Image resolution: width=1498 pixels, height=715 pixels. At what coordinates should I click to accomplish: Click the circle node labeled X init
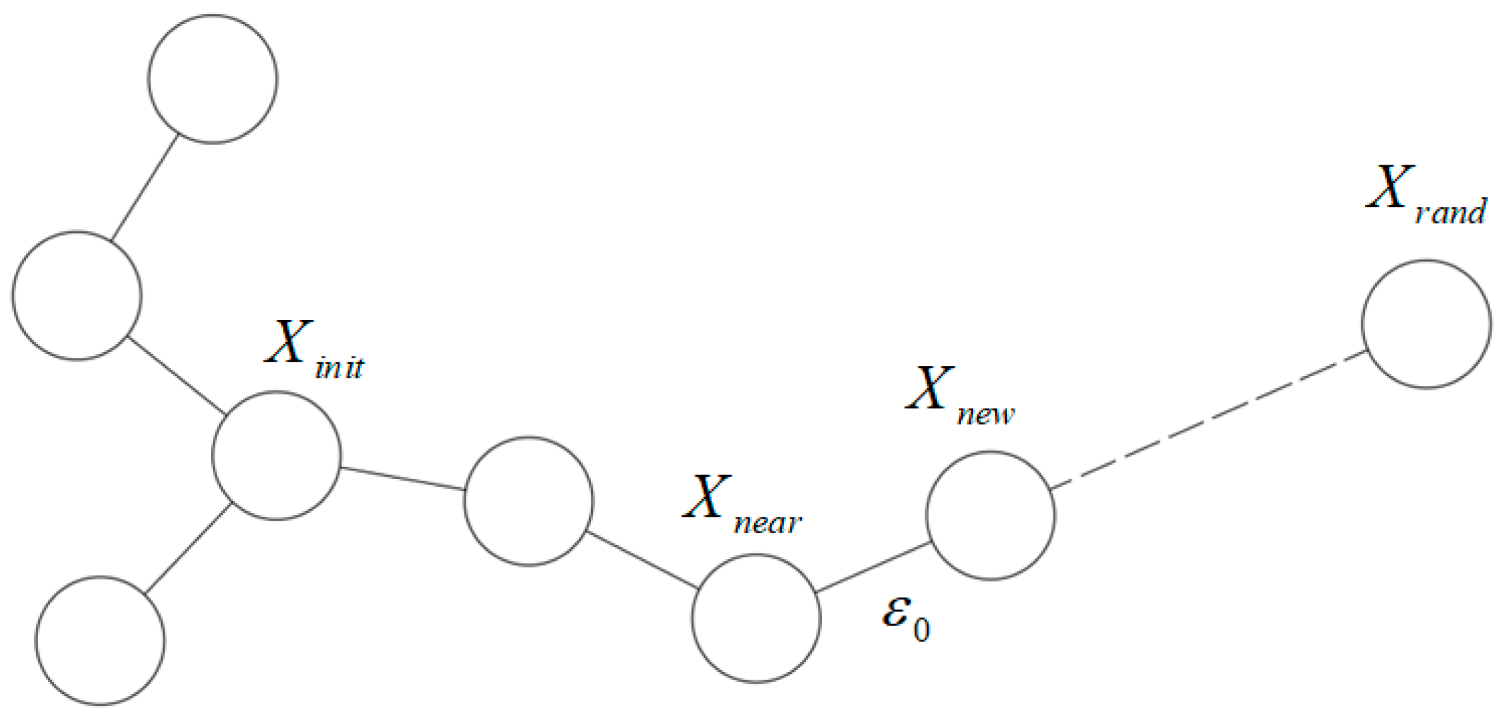click(x=276, y=456)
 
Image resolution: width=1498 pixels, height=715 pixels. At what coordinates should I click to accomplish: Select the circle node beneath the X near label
click(x=756, y=618)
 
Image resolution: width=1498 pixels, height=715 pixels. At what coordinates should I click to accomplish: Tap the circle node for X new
click(x=990, y=516)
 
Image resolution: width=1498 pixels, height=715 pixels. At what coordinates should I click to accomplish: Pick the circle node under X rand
click(x=1426, y=324)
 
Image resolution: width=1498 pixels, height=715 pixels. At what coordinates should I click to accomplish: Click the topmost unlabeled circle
click(x=213, y=79)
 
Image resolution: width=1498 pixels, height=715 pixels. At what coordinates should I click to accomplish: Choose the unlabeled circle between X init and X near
click(x=529, y=501)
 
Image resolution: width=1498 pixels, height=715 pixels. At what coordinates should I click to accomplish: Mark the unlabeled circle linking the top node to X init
click(x=77, y=296)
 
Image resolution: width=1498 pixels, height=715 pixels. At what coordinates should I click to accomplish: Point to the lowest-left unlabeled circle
click(x=100, y=641)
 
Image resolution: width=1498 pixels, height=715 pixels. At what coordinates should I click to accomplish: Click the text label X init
click(x=314, y=352)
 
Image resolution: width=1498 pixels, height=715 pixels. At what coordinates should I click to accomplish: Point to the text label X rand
click(x=1424, y=196)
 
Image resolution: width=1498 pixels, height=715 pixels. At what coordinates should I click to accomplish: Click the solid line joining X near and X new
click(x=873, y=568)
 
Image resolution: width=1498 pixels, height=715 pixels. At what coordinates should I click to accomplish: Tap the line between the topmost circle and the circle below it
click(x=144, y=188)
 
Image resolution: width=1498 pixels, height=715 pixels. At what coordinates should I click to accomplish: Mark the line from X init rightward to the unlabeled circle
click(x=403, y=479)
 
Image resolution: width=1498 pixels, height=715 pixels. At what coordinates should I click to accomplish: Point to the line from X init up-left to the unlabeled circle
click(x=177, y=374)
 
